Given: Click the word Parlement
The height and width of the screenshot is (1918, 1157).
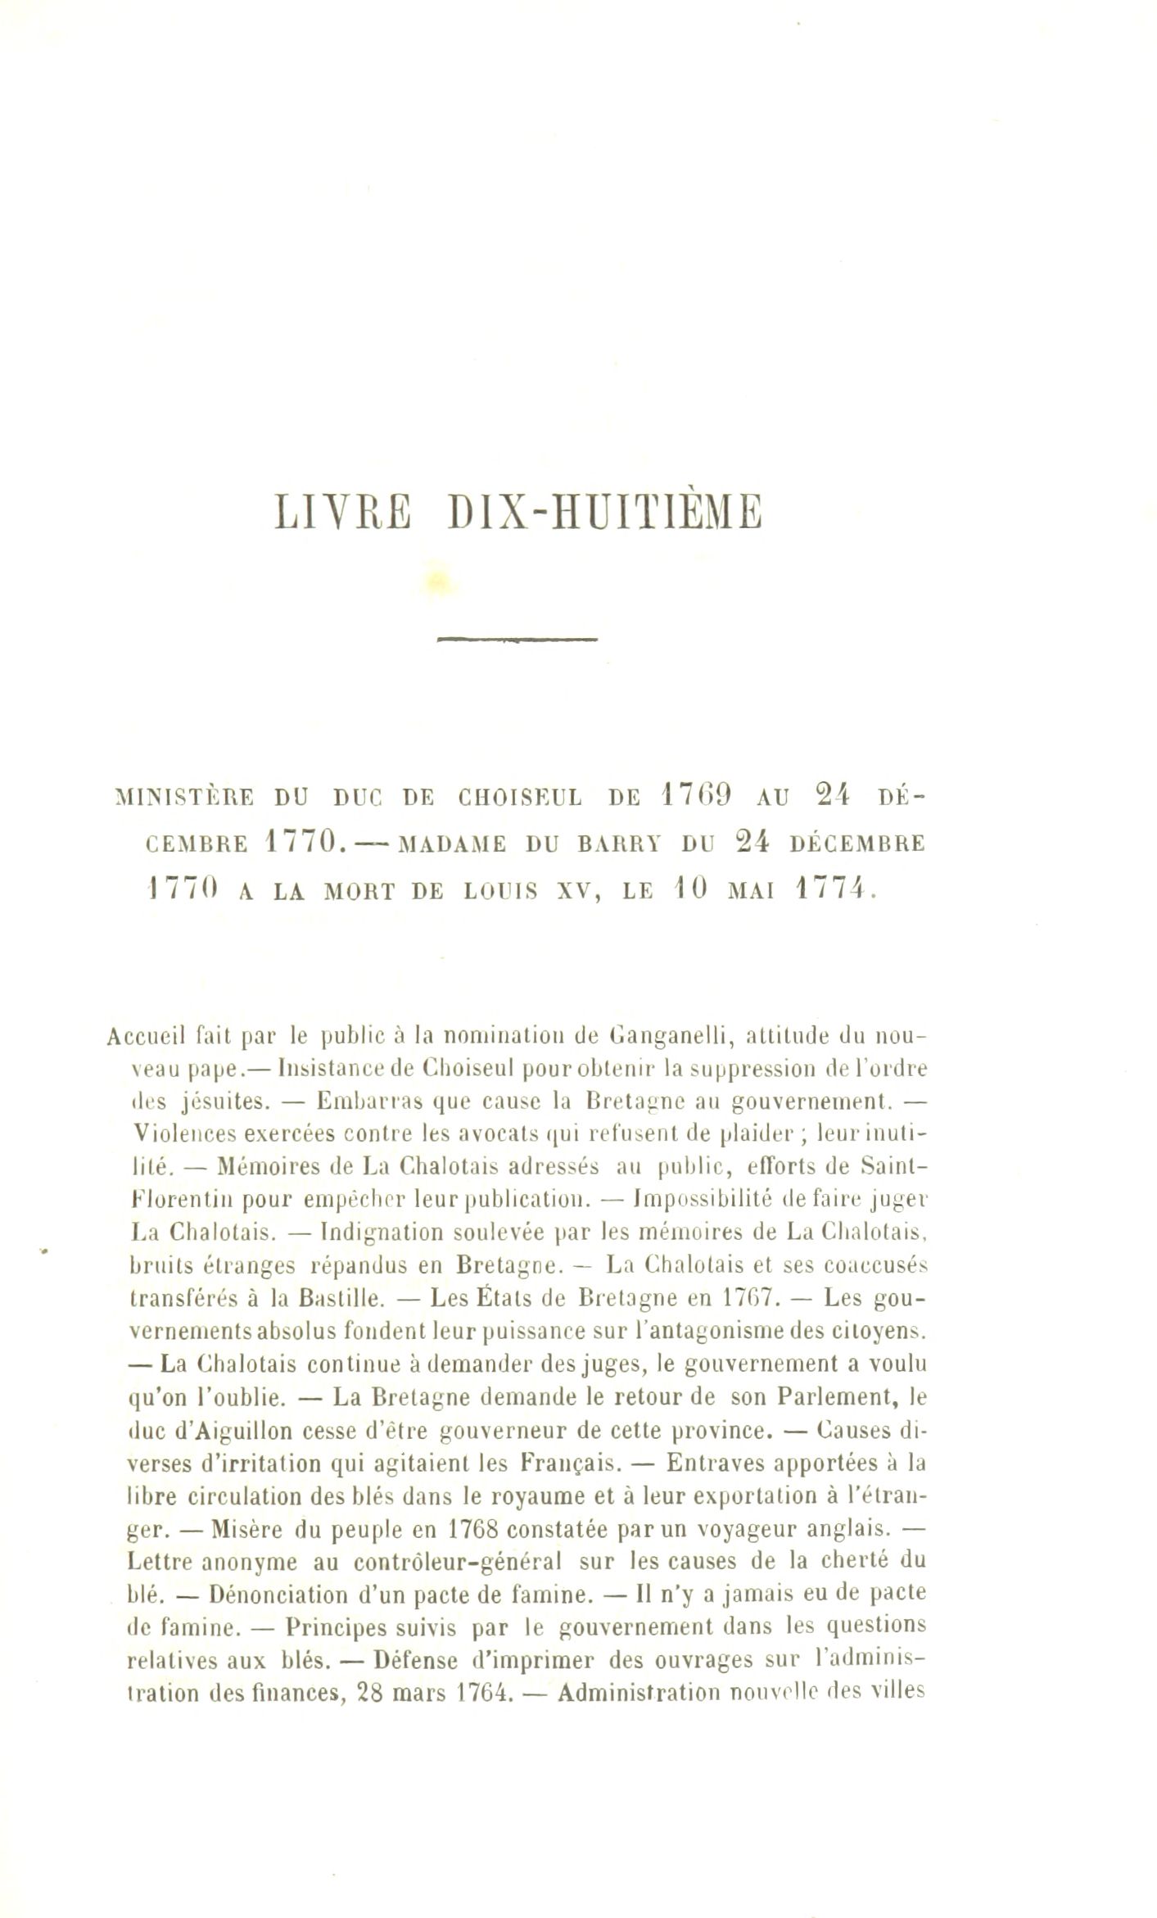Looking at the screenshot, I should (x=842, y=1396).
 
